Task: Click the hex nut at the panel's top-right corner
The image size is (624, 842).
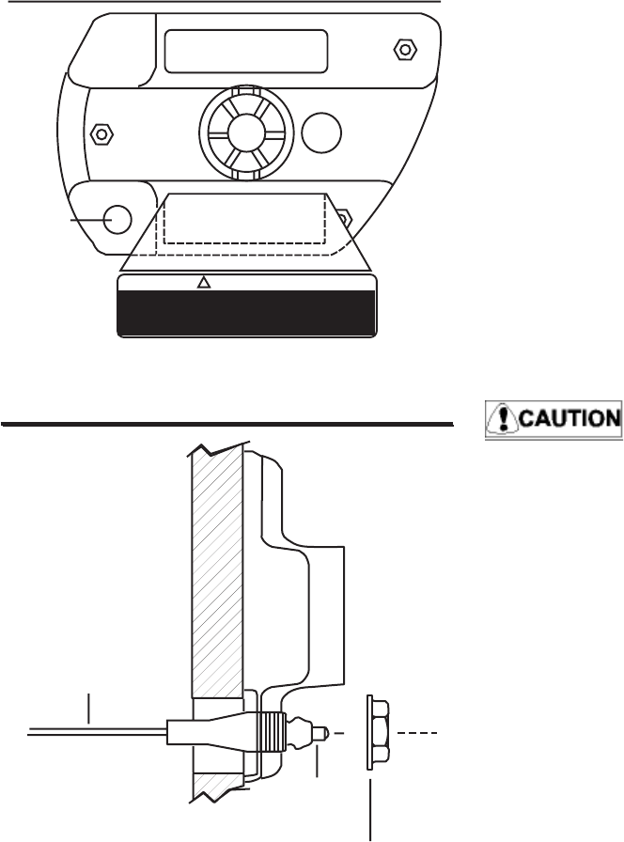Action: pos(404,48)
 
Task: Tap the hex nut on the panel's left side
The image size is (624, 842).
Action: pos(97,133)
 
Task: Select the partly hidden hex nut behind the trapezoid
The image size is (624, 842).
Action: pos(344,219)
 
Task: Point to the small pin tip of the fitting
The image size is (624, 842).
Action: pos(320,730)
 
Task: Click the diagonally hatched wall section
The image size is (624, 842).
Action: pos(216,564)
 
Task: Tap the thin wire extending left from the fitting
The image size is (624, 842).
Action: pos(94,730)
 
